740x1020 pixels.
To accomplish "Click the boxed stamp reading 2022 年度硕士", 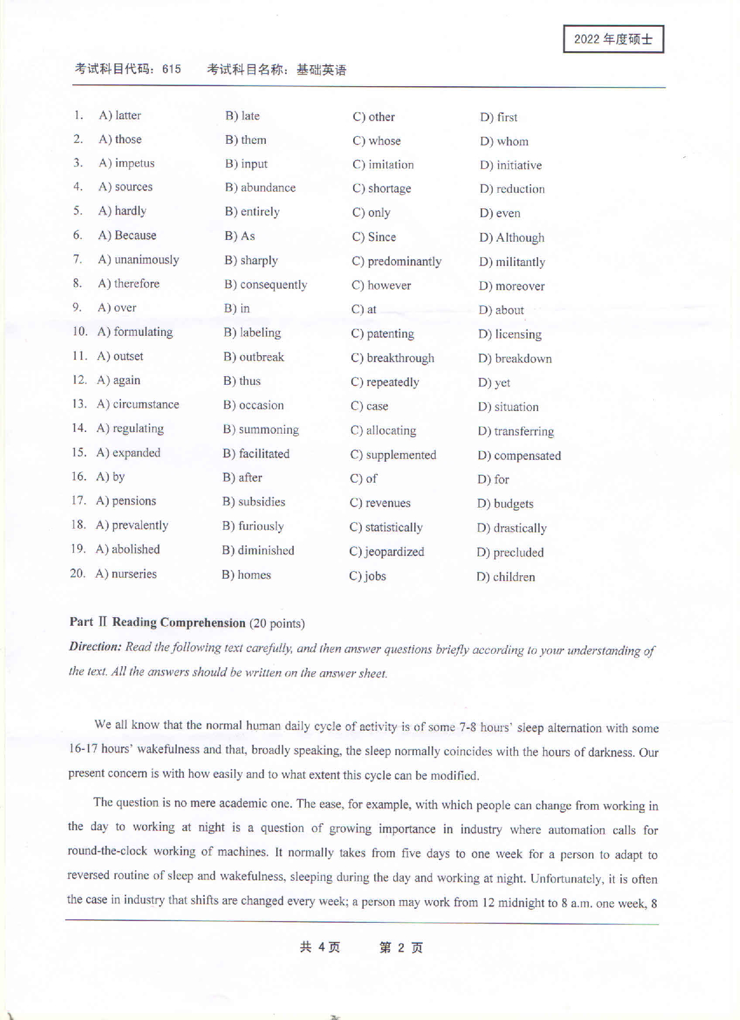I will (613, 40).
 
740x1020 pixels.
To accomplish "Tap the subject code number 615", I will (172, 69).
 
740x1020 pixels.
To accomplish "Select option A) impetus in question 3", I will (127, 163).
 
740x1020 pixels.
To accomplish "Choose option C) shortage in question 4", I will (382, 189).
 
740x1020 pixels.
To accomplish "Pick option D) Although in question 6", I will (512, 238).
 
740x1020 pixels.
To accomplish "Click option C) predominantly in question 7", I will (397, 261).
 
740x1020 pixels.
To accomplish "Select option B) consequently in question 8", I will (266, 285).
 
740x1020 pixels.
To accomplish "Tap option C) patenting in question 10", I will (383, 334).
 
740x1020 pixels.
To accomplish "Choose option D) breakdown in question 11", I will (515, 359).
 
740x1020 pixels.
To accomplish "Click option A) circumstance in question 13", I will (138, 404).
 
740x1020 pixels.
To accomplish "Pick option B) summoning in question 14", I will (261, 430).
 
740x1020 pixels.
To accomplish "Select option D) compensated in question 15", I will (520, 455).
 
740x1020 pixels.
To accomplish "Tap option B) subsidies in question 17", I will (254, 502).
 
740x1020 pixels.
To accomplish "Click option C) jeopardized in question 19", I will (387, 552).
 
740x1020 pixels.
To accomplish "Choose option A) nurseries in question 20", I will (126, 574).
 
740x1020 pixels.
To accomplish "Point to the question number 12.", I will (79, 380).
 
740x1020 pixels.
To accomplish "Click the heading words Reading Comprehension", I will (179, 622).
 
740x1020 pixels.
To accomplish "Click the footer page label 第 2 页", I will (401, 948).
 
